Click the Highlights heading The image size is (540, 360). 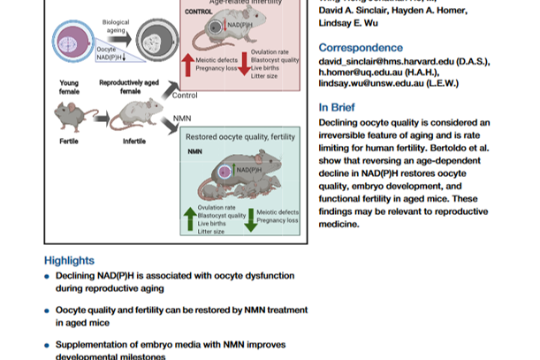[x=69, y=261]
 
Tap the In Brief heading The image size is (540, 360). [x=341, y=108]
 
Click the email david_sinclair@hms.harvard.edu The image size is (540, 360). [x=399, y=64]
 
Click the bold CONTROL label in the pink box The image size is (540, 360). [x=199, y=11]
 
